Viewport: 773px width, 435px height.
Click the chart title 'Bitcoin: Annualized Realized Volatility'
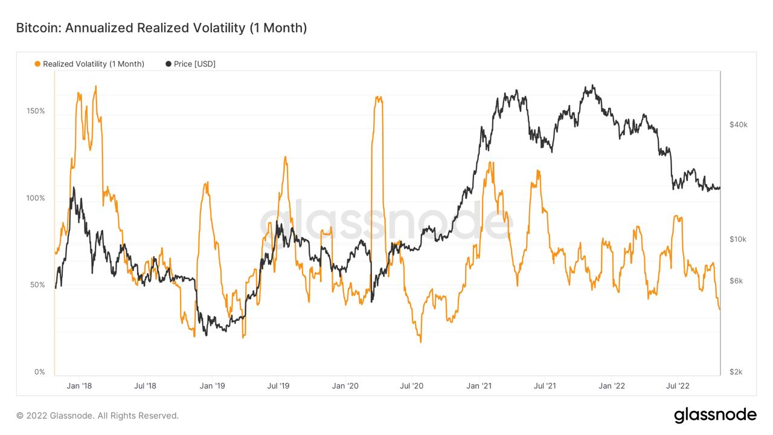point(161,28)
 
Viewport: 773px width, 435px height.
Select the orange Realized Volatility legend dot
point(37,64)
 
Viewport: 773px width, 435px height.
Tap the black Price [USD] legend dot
point(168,64)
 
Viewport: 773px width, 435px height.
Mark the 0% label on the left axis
point(39,372)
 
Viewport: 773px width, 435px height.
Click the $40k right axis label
point(738,124)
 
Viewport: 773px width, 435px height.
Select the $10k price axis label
point(738,239)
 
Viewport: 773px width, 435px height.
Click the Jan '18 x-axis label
point(79,385)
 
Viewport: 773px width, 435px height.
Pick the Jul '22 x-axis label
point(678,385)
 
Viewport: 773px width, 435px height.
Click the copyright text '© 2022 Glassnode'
point(97,416)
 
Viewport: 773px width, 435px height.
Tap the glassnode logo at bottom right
point(715,415)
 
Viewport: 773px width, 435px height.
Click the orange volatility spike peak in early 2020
point(378,97)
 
